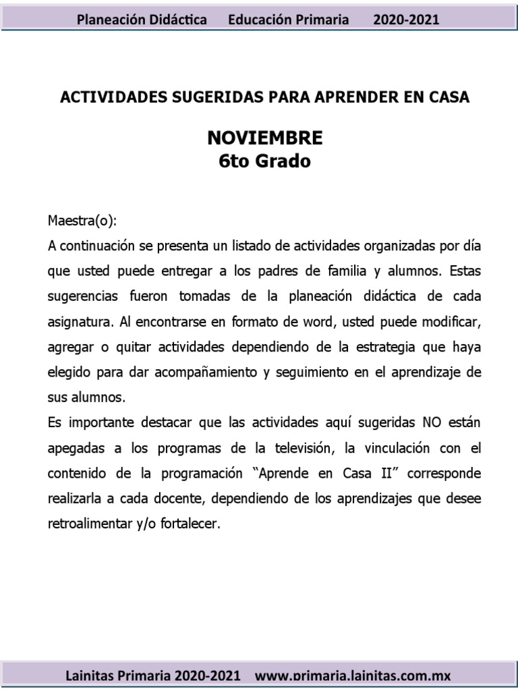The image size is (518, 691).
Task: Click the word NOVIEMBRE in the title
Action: [x=265, y=138]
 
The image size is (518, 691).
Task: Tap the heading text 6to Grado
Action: [x=265, y=162]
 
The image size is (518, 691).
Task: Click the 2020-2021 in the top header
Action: [x=406, y=20]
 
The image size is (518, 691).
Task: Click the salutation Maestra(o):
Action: [x=82, y=221]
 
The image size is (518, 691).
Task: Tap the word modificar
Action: [x=454, y=322]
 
